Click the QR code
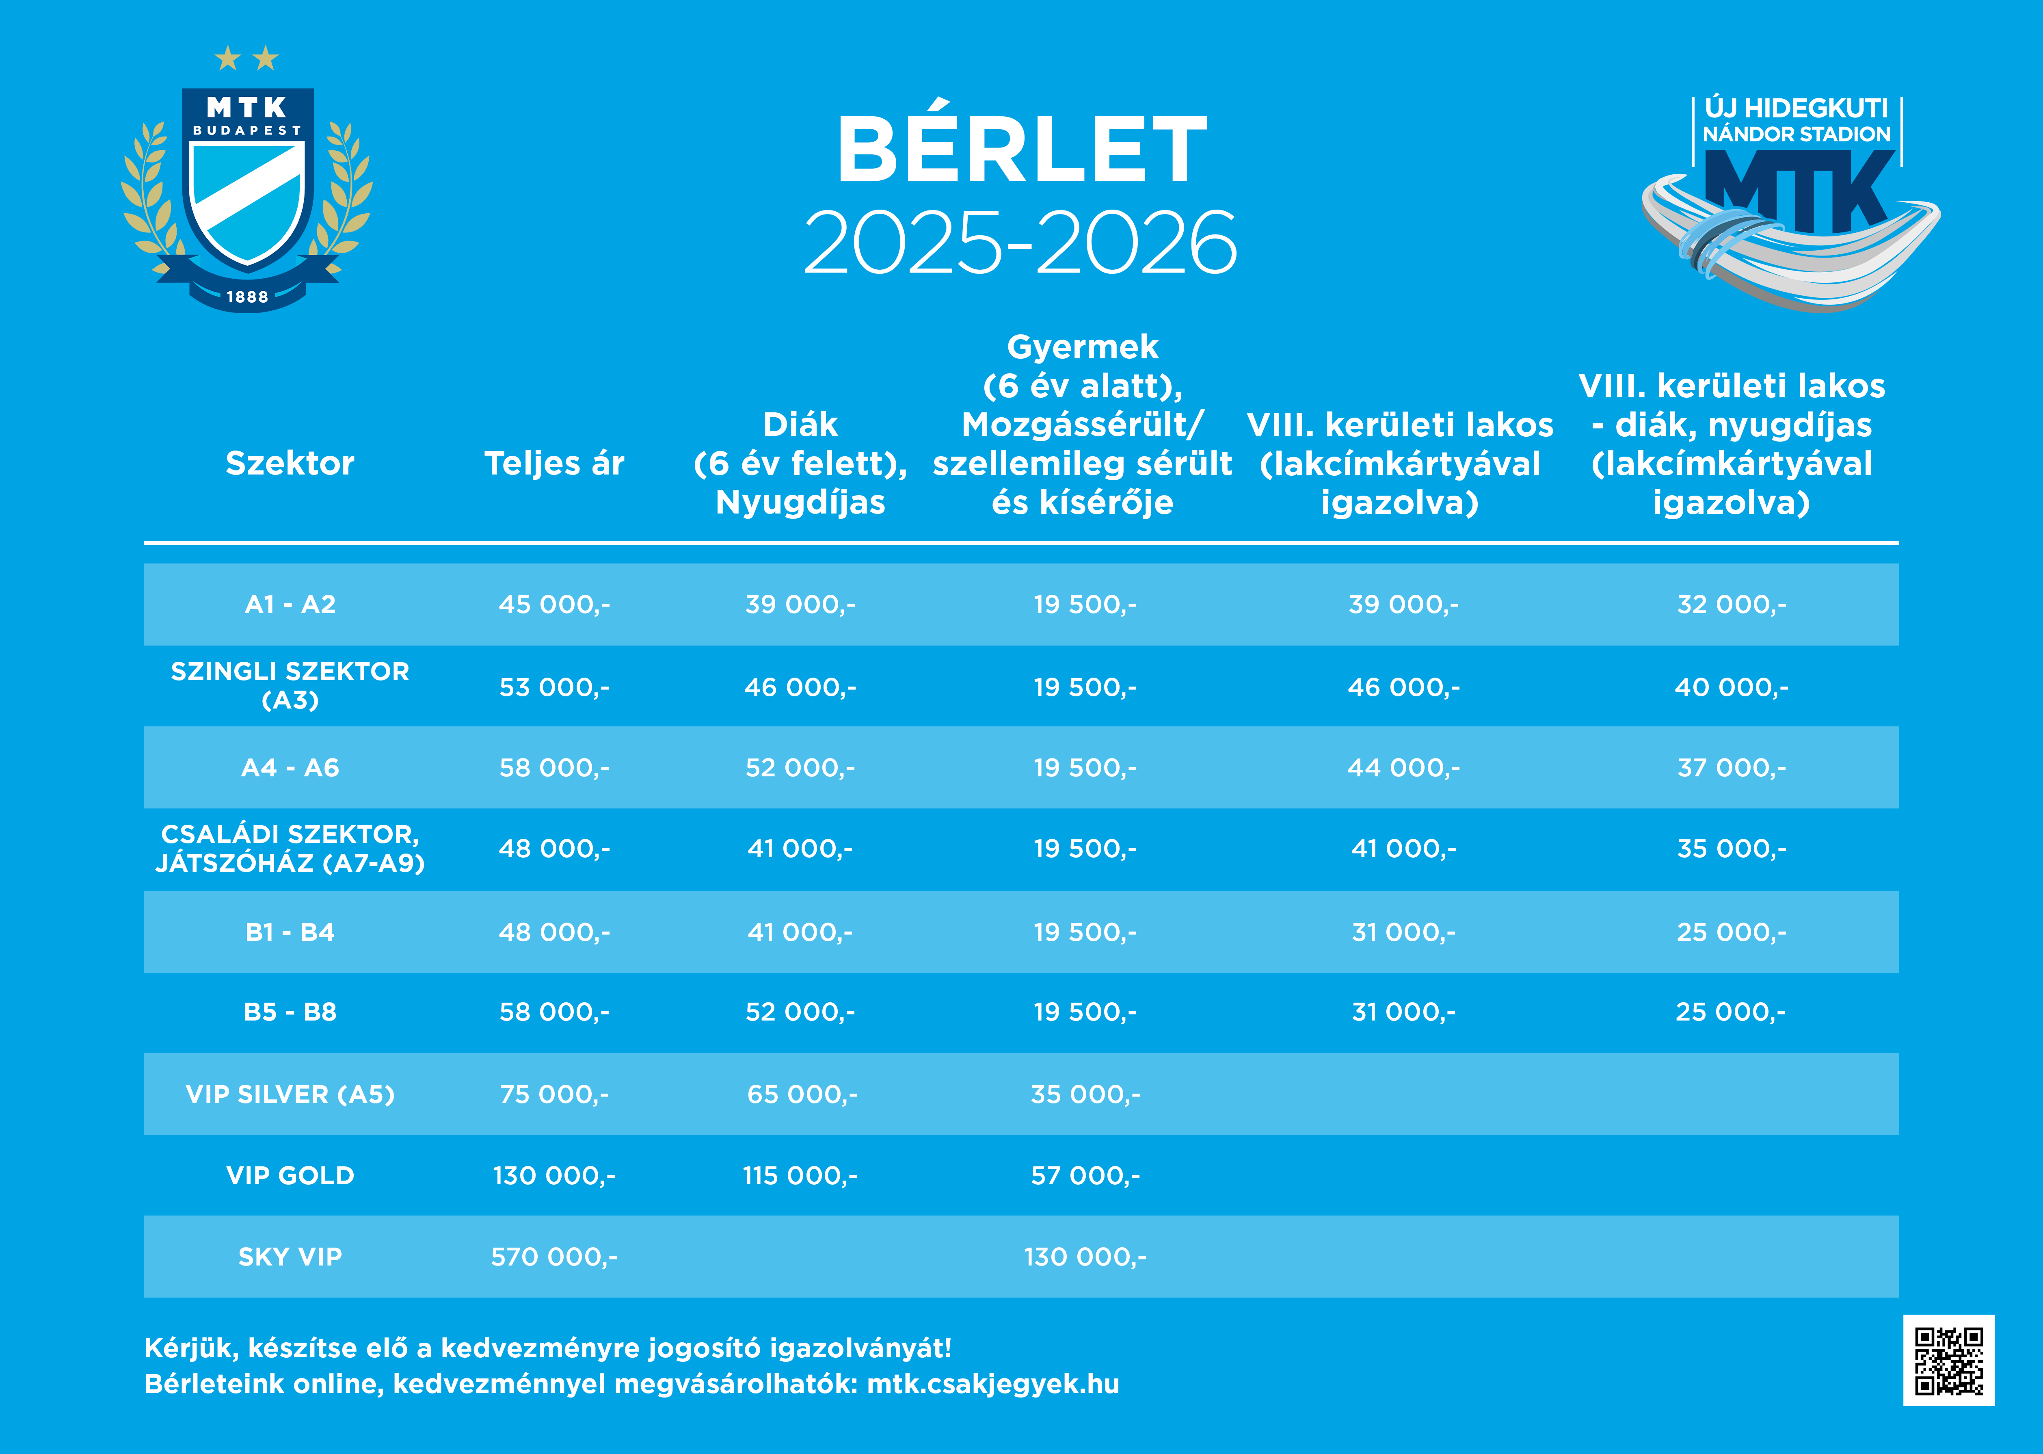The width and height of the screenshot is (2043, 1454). [1948, 1360]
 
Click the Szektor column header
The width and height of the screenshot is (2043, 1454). [290, 463]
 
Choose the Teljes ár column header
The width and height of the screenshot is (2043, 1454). [554, 463]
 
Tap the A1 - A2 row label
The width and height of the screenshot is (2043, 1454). [290, 605]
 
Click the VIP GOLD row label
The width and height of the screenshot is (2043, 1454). [290, 1176]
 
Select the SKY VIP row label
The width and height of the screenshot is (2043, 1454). [290, 1257]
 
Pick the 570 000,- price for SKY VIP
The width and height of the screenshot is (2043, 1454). [554, 1257]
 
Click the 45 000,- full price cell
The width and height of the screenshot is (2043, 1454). [554, 605]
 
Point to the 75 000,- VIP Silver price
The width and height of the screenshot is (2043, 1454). [554, 1094]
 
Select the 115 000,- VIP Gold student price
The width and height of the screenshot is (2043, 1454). [800, 1176]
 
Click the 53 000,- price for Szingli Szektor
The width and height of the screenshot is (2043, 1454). [554, 687]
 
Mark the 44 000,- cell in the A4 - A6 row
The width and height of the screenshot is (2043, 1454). [1403, 767]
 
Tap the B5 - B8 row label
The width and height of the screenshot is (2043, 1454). [290, 1012]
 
